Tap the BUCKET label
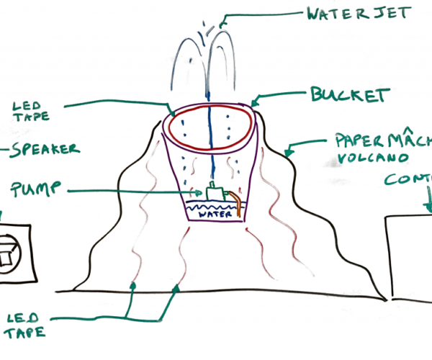pyautogui.click(x=350, y=95)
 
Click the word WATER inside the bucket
pyautogui.click(x=215, y=214)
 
